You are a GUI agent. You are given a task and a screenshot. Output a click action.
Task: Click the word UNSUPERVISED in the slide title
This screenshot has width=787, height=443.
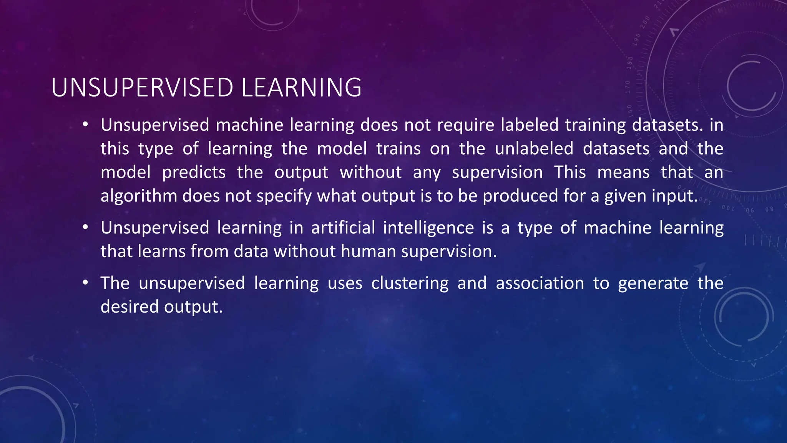(x=142, y=88)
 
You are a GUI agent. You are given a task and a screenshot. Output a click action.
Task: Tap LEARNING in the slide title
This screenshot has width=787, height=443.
(x=301, y=88)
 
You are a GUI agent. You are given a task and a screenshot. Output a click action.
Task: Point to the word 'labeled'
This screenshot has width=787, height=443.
(x=530, y=125)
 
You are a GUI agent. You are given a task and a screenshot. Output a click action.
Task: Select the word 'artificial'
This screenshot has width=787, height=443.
(x=343, y=228)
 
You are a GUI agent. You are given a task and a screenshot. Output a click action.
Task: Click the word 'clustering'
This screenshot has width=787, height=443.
(x=410, y=284)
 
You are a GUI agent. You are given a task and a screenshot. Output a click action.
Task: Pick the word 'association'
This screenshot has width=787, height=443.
(x=540, y=283)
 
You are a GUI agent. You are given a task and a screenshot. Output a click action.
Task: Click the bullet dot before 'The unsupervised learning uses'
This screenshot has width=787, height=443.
(x=85, y=283)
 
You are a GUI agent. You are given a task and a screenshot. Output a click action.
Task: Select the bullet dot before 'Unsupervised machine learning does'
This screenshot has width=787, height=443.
(x=85, y=125)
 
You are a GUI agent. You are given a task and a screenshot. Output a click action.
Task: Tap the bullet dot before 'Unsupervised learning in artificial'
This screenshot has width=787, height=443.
(x=85, y=228)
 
